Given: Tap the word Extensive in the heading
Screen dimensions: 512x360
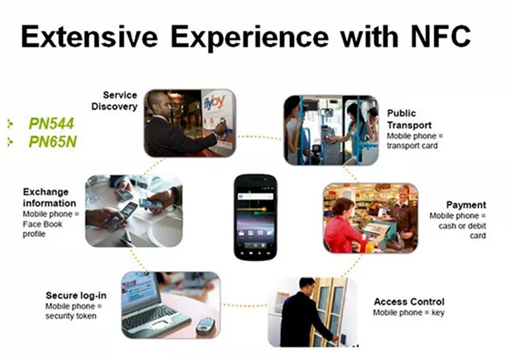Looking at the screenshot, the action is click(x=89, y=36).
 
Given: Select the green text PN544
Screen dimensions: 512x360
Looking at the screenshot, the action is click(x=52, y=123).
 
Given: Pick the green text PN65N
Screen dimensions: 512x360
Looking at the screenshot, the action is click(x=52, y=141).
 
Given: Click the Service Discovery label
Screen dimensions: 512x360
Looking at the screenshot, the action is click(x=115, y=100).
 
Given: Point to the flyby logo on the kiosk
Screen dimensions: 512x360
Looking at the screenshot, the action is click(x=214, y=102).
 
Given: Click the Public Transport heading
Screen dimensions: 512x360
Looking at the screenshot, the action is click(x=409, y=119).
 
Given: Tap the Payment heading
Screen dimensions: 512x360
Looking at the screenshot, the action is click(x=466, y=205).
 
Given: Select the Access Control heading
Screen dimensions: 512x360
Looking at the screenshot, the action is click(x=409, y=302).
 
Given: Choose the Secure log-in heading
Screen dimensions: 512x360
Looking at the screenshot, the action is click(x=76, y=295).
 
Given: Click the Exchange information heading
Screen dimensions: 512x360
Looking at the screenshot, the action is click(x=49, y=198).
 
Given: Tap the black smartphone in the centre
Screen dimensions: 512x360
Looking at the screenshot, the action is click(x=255, y=217).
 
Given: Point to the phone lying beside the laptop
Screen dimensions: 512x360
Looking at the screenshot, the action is click(x=205, y=326).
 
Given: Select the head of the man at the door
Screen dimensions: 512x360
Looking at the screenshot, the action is click(x=307, y=286).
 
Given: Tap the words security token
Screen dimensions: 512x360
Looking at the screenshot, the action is click(x=71, y=316).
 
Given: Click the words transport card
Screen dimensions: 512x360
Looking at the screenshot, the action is click(x=412, y=146).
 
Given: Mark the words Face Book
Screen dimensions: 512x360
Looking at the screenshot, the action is click(x=42, y=224).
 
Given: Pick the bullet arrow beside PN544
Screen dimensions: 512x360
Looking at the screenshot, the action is click(x=10, y=123).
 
